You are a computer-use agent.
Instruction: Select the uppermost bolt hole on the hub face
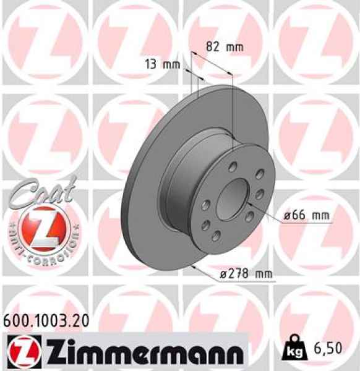(234, 166)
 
